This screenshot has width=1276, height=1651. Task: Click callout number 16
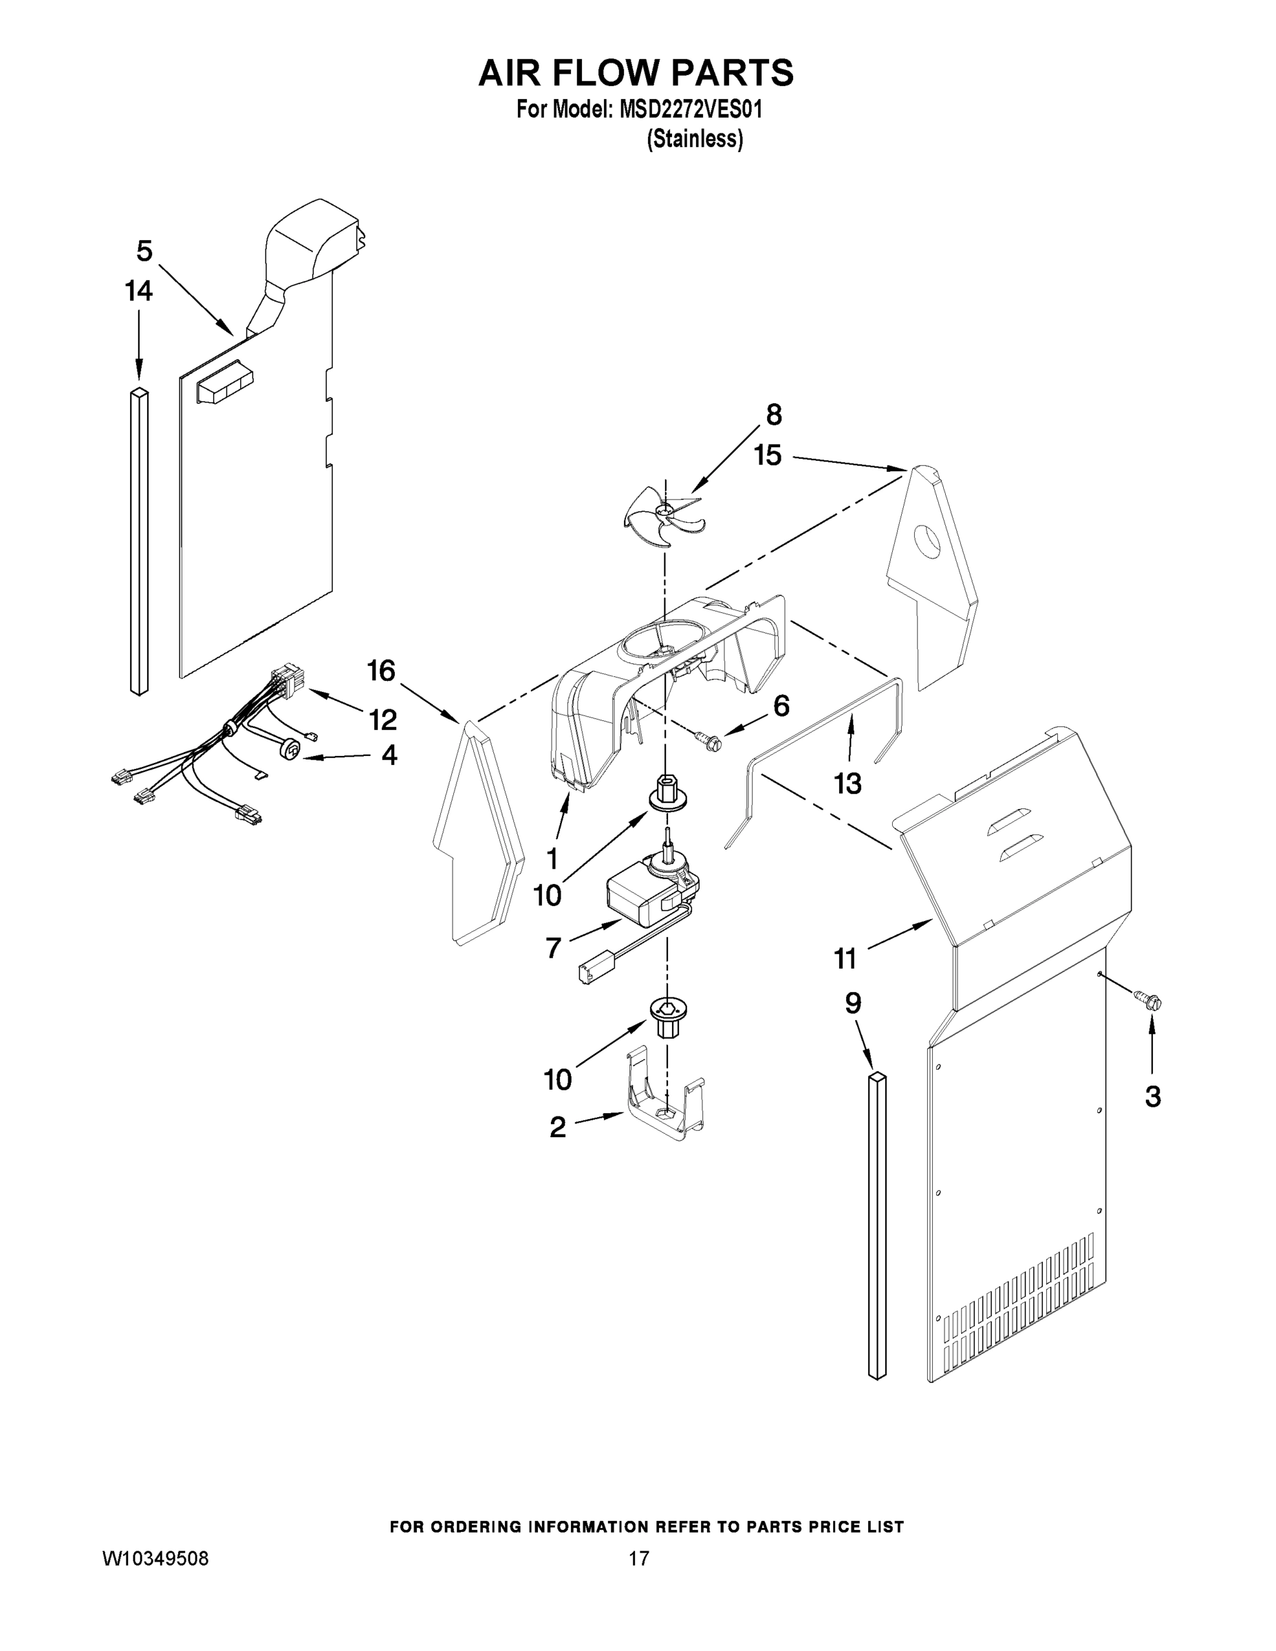point(382,671)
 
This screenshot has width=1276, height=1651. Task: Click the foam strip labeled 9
point(877,1224)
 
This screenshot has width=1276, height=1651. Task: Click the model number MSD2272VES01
point(691,109)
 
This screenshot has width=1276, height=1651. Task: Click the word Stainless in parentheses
point(694,139)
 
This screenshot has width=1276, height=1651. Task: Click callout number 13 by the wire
point(847,784)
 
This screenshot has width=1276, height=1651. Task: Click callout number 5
point(144,250)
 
